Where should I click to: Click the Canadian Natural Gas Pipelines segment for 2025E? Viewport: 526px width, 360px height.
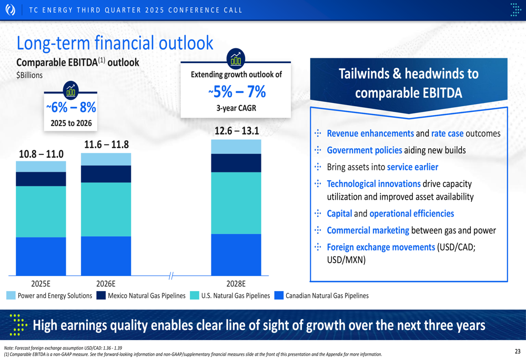(x=41, y=256)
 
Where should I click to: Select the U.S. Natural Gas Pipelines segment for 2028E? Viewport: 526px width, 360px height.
(x=236, y=203)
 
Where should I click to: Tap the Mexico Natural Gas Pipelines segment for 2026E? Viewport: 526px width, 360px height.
(x=106, y=174)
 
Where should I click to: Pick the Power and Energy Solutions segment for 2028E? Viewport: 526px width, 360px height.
(x=236, y=147)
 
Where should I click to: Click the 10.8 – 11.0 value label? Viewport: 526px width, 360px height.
(x=41, y=154)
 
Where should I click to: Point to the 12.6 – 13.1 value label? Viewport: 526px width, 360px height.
(x=236, y=131)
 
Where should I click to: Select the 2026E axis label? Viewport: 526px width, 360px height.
(x=106, y=283)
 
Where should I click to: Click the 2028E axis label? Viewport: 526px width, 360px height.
(x=236, y=283)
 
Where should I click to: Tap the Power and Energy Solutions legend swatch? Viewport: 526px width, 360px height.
(x=11, y=296)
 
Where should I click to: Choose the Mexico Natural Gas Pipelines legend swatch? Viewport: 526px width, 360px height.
(x=101, y=296)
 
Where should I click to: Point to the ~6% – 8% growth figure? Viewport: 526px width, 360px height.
(x=70, y=108)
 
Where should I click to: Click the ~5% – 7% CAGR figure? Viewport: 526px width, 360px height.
(x=236, y=92)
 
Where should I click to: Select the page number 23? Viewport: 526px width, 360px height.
(x=518, y=351)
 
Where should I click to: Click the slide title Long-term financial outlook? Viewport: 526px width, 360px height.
(x=115, y=43)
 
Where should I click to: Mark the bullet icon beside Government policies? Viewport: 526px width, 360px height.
(x=317, y=150)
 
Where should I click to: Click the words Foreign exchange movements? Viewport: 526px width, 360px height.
(x=381, y=247)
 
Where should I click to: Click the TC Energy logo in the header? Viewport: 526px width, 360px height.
(x=10, y=9)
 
